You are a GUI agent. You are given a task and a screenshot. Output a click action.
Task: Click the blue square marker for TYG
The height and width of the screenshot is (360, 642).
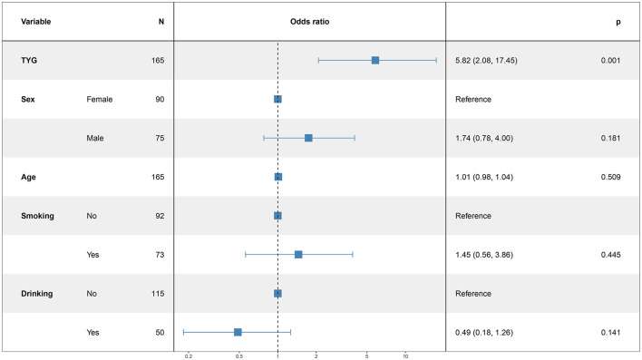(375, 60)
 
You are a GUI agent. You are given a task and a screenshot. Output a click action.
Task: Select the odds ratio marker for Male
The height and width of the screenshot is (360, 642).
(308, 138)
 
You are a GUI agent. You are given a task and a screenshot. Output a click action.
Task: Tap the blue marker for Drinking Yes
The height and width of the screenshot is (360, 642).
(238, 332)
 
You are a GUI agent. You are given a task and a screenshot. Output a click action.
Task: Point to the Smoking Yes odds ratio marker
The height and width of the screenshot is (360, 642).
(298, 255)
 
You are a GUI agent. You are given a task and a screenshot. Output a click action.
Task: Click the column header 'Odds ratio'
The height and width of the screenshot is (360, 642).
(309, 22)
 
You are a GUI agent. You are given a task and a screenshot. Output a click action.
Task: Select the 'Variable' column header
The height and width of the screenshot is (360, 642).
(36, 22)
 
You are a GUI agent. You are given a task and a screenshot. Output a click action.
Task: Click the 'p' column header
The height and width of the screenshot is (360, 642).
(618, 22)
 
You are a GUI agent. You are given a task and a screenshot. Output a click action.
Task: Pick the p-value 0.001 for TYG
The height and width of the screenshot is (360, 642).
(610, 60)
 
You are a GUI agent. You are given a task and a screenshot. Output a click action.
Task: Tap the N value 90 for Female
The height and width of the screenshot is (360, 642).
(160, 99)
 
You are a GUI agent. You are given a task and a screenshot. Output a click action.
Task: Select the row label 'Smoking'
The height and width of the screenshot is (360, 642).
(37, 216)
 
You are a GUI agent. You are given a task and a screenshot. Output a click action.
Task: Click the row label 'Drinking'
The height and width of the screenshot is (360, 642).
(37, 294)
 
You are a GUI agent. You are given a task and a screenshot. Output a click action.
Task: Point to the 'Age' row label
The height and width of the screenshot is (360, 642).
(28, 178)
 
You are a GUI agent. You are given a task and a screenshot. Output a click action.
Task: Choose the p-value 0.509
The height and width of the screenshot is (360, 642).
(610, 177)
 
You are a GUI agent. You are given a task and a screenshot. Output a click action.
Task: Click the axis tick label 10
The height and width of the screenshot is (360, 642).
(405, 356)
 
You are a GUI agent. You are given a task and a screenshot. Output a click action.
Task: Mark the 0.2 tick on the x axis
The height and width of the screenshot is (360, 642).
(189, 356)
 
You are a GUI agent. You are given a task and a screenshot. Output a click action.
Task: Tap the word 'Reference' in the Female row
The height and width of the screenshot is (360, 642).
(473, 99)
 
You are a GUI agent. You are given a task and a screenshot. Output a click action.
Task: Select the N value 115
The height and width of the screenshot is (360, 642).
(158, 294)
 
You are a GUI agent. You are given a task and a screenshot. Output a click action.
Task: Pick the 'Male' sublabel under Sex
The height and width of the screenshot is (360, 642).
(95, 138)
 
